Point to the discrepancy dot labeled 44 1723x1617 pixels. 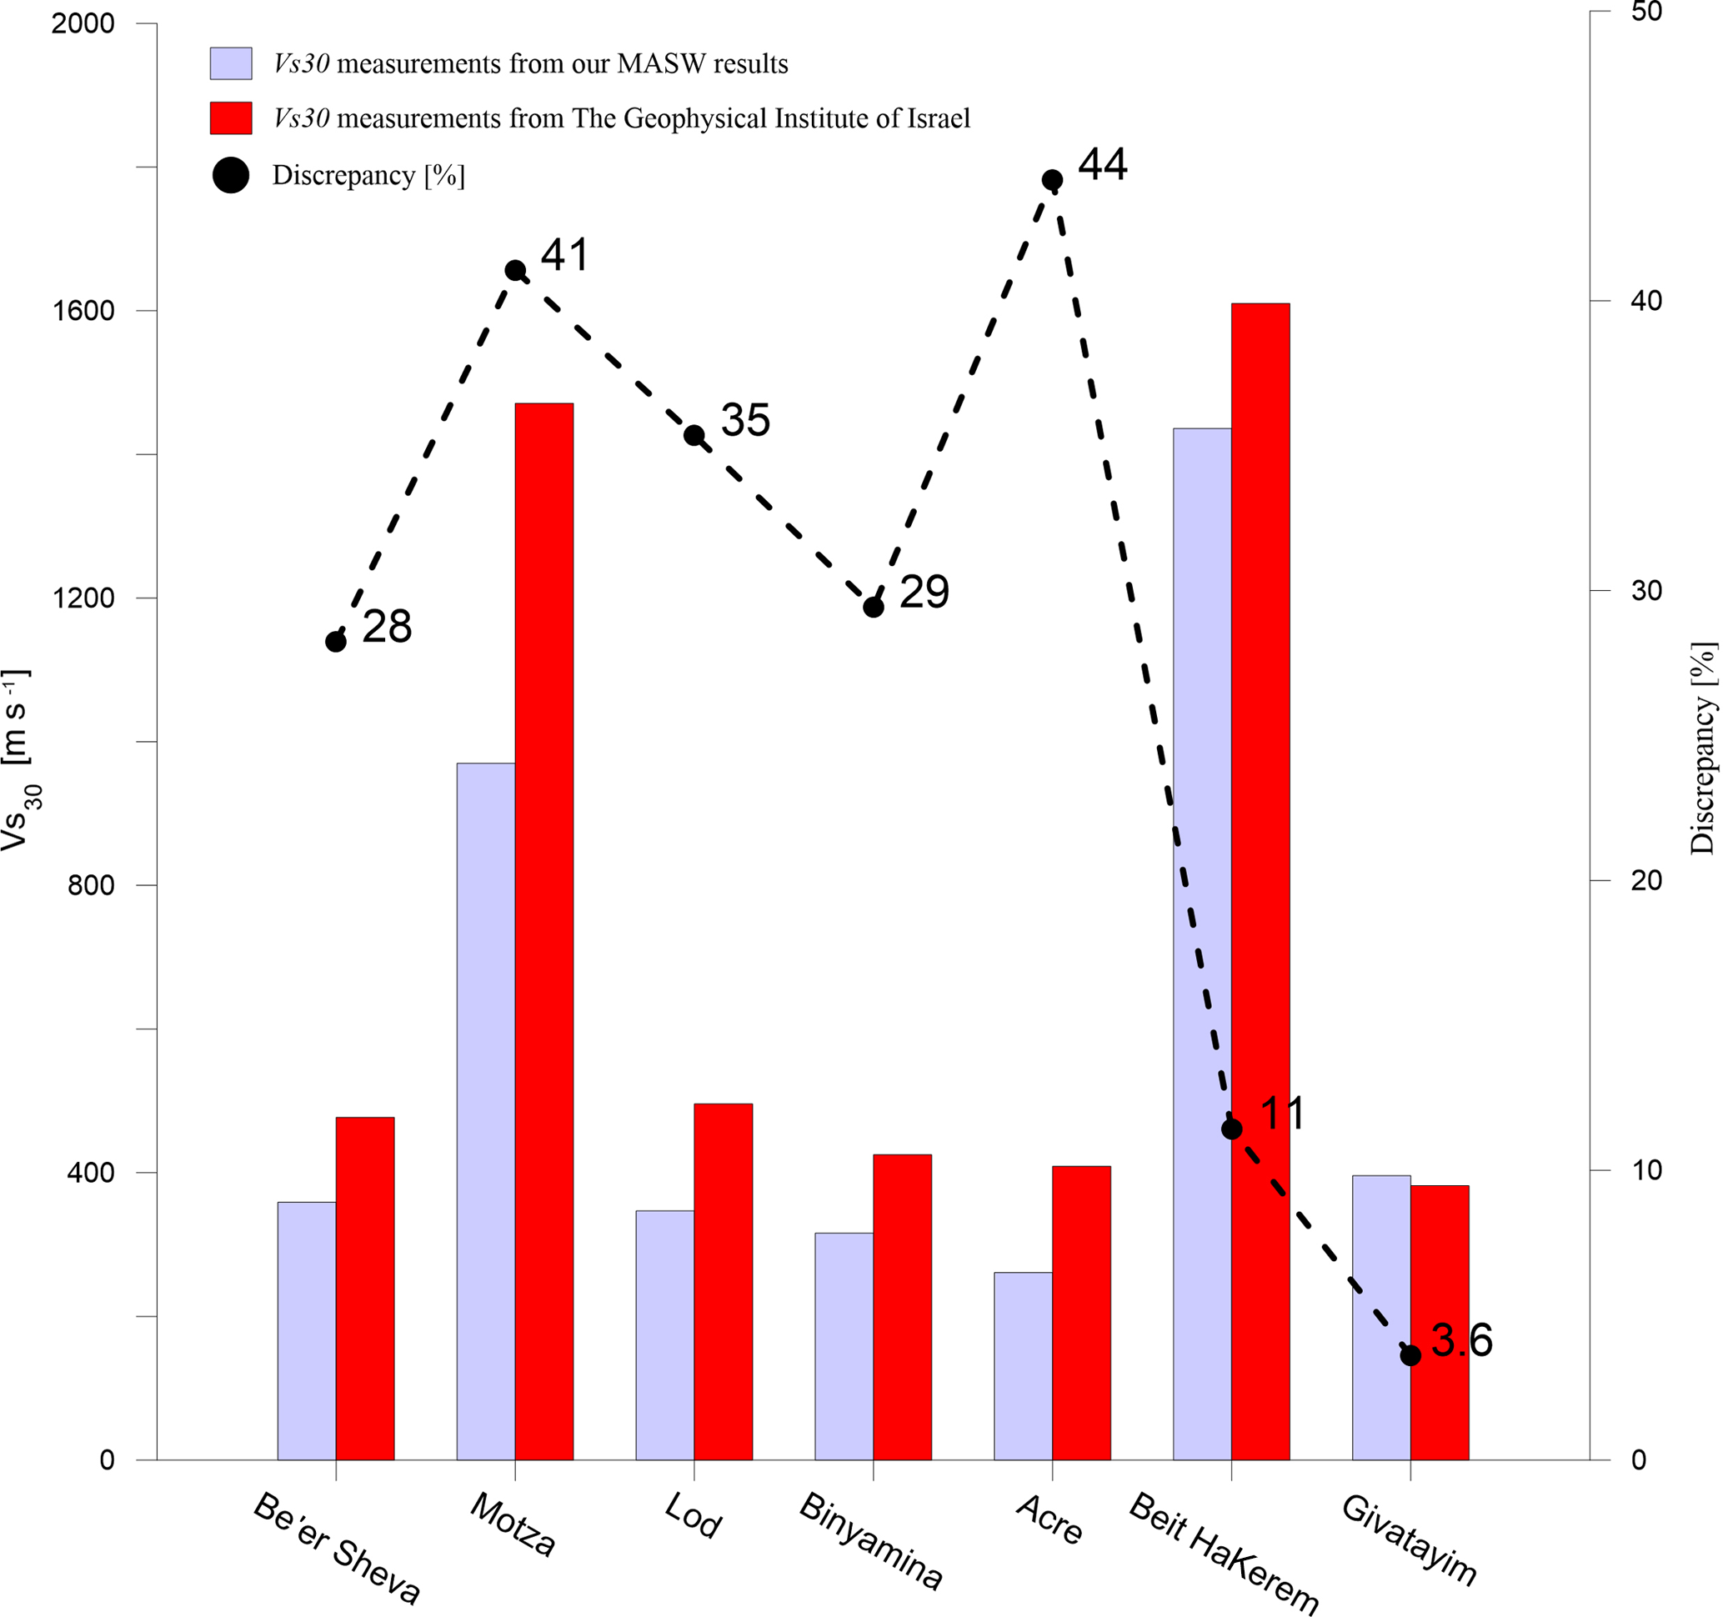pos(1052,180)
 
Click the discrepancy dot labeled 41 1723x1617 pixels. pos(515,270)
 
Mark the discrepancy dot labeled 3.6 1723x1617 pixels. pos(1410,1355)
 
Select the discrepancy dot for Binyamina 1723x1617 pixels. pos(874,607)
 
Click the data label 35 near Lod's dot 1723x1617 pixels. pos(745,420)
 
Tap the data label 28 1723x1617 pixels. pos(387,626)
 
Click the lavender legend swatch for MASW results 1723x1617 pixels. pos(231,63)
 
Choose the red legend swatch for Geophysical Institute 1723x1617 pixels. pos(231,118)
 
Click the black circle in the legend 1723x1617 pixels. pos(231,175)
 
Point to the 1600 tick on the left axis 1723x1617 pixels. pos(84,310)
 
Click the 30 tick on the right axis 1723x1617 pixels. pos(1647,591)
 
